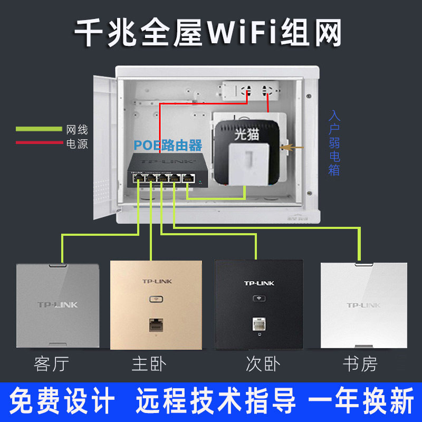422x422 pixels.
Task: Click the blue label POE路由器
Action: point(168,145)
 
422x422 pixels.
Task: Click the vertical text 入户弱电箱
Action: point(333,142)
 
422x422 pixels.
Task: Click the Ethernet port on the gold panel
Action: point(156,323)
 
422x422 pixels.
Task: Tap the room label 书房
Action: point(360,364)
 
